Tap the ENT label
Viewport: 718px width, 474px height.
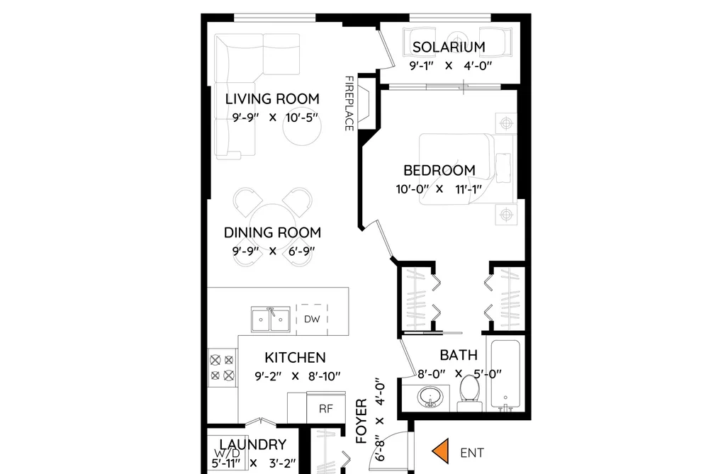pyautogui.click(x=472, y=453)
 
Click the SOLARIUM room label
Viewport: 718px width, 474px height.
pyautogui.click(x=449, y=47)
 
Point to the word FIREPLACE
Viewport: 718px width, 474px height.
pyautogui.click(x=349, y=103)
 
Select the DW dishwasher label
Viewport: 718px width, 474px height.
pyautogui.click(x=312, y=319)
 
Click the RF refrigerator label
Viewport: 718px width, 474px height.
pyautogui.click(x=325, y=409)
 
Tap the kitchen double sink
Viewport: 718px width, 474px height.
pyautogui.click(x=270, y=319)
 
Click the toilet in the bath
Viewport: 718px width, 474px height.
pyautogui.click(x=469, y=393)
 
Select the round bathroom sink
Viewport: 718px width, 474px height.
pyautogui.click(x=430, y=396)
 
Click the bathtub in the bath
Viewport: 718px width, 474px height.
pyautogui.click(x=505, y=373)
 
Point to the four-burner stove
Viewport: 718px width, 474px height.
pyautogui.click(x=222, y=368)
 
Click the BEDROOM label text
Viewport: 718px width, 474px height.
pyautogui.click(x=439, y=170)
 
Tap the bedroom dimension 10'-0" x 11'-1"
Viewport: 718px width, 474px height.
pyautogui.click(x=439, y=189)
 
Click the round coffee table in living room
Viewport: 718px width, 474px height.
pyautogui.click(x=302, y=127)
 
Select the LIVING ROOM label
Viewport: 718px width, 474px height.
pyautogui.click(x=272, y=98)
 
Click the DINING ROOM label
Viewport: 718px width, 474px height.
pyautogui.click(x=272, y=232)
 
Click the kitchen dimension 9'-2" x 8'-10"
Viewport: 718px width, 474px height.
pyautogui.click(x=298, y=376)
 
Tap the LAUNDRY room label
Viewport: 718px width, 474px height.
pyautogui.click(x=253, y=444)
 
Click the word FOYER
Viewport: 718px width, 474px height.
pyautogui.click(x=361, y=421)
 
